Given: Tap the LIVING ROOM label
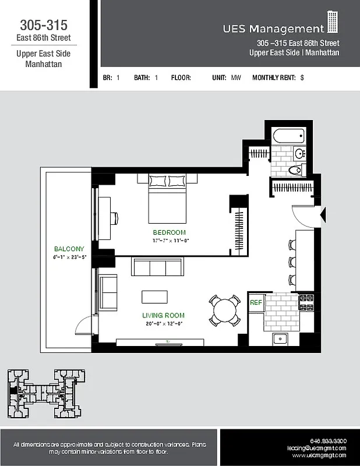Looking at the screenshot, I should click(x=163, y=316).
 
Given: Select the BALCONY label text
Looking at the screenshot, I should click(x=69, y=249).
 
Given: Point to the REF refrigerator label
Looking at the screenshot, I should click(x=256, y=303).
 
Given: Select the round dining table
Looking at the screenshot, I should click(x=225, y=311).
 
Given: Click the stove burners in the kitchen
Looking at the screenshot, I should click(x=306, y=303).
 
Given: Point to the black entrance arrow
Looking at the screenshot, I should click(x=323, y=214).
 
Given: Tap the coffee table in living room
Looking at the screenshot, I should click(x=154, y=296).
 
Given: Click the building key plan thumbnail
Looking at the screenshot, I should click(x=44, y=393).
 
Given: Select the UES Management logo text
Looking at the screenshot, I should click(x=273, y=29).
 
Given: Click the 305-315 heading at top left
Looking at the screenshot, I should click(x=44, y=25).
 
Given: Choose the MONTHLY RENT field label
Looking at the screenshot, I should click(x=274, y=77).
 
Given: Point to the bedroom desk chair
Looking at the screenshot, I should click(x=115, y=217).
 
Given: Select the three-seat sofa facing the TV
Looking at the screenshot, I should click(x=157, y=267).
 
